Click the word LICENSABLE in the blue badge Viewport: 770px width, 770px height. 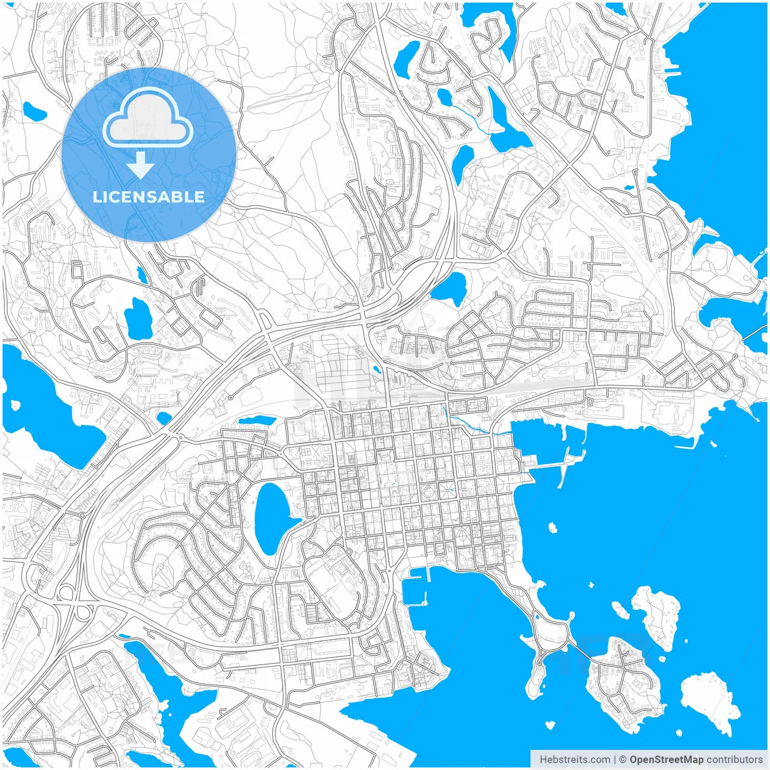[x=148, y=197]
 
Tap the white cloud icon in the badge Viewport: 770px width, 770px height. [x=148, y=118]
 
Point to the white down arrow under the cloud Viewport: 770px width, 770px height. [x=140, y=165]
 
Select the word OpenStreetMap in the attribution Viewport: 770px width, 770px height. [x=666, y=760]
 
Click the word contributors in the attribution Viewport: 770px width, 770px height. [x=735, y=760]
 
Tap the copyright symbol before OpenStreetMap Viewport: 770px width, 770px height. [x=623, y=760]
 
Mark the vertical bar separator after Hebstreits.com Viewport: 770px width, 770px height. [x=615, y=760]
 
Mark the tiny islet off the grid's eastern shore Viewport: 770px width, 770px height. [x=553, y=528]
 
